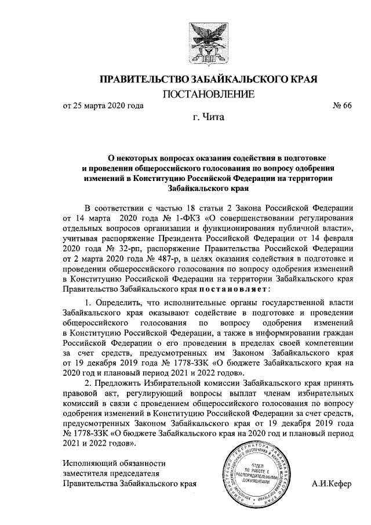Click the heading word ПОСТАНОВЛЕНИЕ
(208, 94)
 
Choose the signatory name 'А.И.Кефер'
(331, 484)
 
